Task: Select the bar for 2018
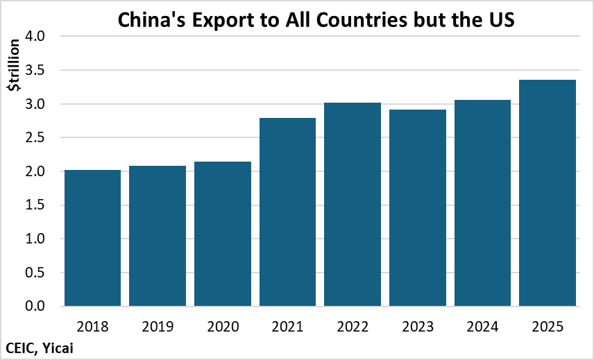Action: pyautogui.click(x=92, y=238)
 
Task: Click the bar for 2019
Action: pyautogui.click(x=158, y=236)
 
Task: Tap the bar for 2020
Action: pyautogui.click(x=223, y=234)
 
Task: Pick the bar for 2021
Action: pyautogui.click(x=288, y=212)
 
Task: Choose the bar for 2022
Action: pyautogui.click(x=353, y=204)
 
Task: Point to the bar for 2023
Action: pyautogui.click(x=418, y=207)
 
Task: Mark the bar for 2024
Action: pyautogui.click(x=483, y=203)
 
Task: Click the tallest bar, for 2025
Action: pyautogui.click(x=548, y=193)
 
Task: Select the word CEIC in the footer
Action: pyautogui.click(x=22, y=348)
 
